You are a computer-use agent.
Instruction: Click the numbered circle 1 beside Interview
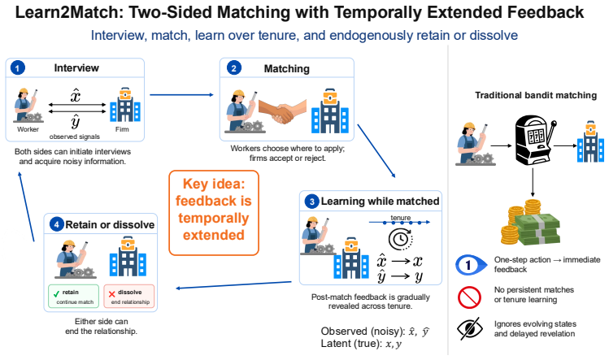pos(17,68)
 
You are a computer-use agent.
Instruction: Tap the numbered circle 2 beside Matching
pos(234,68)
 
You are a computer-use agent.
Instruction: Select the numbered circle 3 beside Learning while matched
pos(311,202)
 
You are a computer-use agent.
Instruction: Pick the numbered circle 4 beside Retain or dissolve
pos(57,224)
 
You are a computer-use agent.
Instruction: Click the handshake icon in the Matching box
pos(282,111)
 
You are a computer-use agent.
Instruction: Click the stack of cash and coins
pos(530,223)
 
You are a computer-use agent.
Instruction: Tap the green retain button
pos(74,297)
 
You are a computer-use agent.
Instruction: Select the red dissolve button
pos(129,297)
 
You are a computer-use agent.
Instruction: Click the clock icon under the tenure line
pos(400,239)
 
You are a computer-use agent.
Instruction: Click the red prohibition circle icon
pos(469,297)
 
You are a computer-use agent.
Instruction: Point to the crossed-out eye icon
pos(470,328)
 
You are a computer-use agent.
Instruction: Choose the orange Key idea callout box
pos(214,213)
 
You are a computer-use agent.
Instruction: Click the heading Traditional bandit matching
pos(536,95)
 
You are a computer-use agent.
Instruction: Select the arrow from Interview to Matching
pos(182,95)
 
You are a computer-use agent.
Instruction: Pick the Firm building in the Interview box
pos(125,105)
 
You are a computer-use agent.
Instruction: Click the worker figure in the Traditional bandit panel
pos(475,144)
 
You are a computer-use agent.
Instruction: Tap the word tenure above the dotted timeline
pos(400,218)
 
